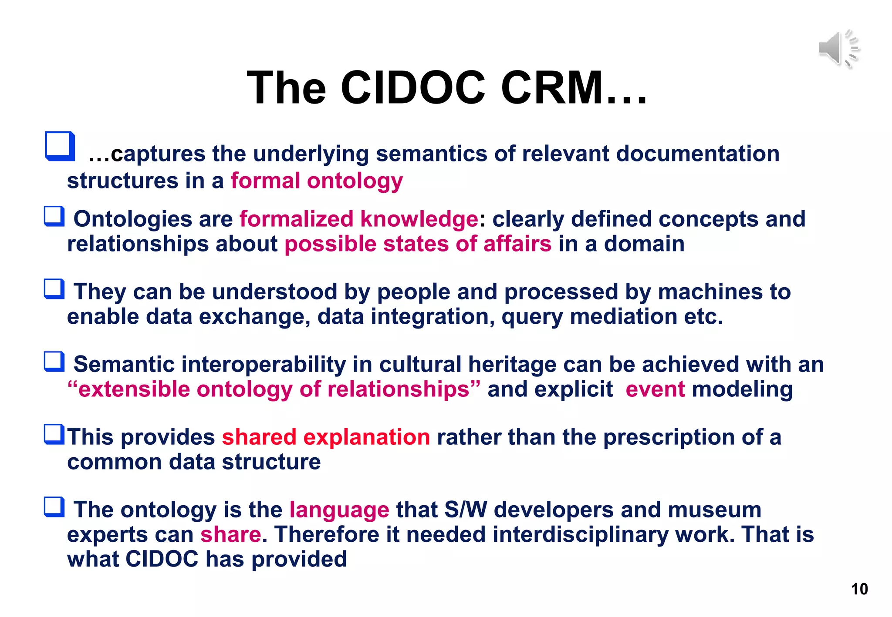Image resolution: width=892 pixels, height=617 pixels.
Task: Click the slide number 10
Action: click(859, 589)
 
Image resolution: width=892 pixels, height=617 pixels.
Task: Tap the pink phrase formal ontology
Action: click(317, 181)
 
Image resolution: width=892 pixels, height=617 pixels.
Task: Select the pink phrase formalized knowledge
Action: click(359, 219)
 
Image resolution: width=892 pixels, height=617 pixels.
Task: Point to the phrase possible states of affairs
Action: click(418, 244)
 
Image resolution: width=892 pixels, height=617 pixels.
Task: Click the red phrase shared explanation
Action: click(326, 437)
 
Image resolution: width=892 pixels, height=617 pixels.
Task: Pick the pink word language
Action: click(339, 510)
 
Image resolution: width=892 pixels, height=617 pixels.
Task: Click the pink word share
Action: click(230, 534)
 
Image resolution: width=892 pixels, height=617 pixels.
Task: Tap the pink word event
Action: click(655, 389)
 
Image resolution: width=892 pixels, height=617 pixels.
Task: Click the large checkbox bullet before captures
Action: click(60, 146)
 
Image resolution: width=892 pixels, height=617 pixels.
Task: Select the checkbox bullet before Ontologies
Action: click(54, 217)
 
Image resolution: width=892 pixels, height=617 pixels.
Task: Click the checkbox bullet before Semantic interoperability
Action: click(54, 362)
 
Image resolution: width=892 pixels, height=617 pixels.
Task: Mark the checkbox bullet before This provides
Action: click(54, 434)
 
